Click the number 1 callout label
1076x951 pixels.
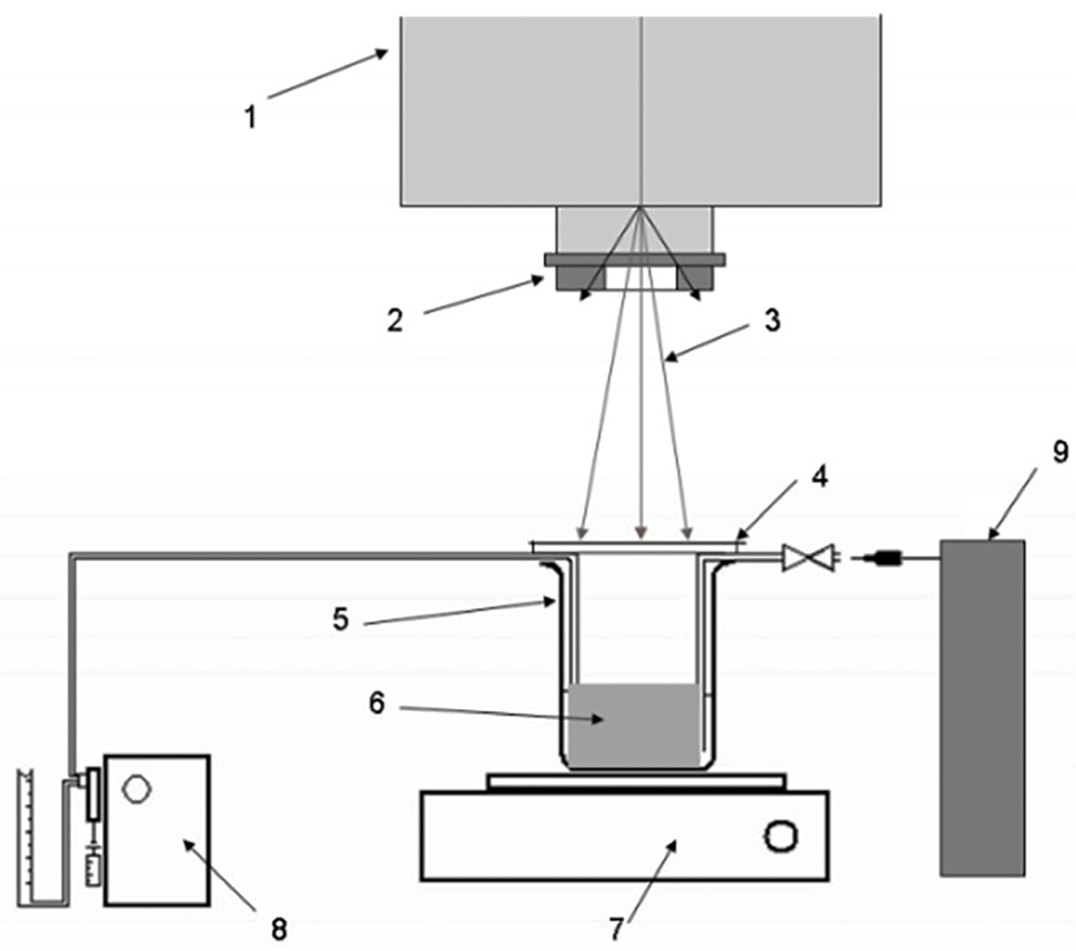click(251, 117)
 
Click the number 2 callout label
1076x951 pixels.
click(395, 320)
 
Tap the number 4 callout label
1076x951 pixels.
click(819, 476)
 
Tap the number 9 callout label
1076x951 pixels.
click(1060, 452)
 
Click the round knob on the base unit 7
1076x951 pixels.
click(780, 836)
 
